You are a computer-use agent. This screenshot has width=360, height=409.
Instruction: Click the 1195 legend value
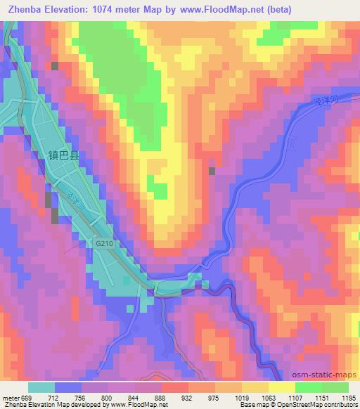pyautogui.click(x=349, y=398)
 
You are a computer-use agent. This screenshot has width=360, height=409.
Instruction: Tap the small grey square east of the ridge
pyautogui.click(x=212, y=170)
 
